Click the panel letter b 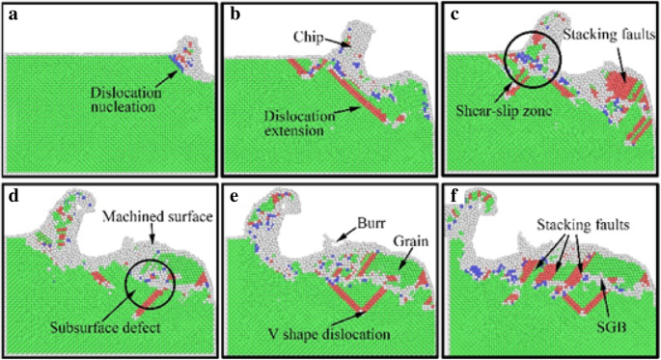[234, 14]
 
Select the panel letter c [454, 14]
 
